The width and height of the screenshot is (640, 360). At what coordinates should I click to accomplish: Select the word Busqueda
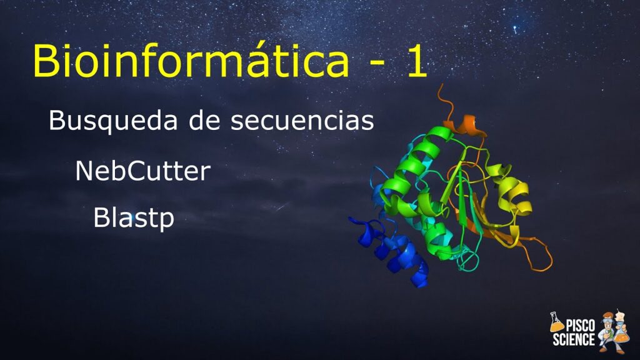[113, 121]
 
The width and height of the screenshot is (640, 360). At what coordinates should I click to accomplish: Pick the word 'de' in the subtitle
[204, 121]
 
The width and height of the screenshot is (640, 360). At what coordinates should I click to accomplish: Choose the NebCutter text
[143, 171]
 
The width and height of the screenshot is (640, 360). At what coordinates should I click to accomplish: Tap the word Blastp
[134, 218]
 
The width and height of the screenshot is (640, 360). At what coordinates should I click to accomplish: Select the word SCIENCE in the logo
[574, 339]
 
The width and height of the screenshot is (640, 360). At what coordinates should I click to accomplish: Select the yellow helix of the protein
[512, 192]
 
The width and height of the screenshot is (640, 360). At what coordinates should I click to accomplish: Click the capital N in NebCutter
[84, 171]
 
